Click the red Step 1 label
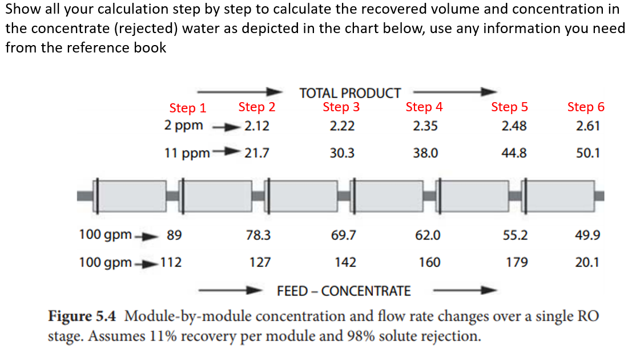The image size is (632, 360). point(187,108)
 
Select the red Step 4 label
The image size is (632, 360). point(424,107)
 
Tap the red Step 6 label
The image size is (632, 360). point(585,107)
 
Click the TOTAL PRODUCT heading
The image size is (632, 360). point(350,92)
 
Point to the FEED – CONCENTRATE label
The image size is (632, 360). point(343,291)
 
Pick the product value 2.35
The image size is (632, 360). point(425,126)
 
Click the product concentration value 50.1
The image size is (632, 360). point(588,153)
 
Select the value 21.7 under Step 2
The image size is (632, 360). point(256,153)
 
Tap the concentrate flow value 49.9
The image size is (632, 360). point(588,235)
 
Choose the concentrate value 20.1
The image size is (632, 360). point(588,262)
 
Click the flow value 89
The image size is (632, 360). point(174,235)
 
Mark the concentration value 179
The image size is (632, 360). point(516,262)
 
